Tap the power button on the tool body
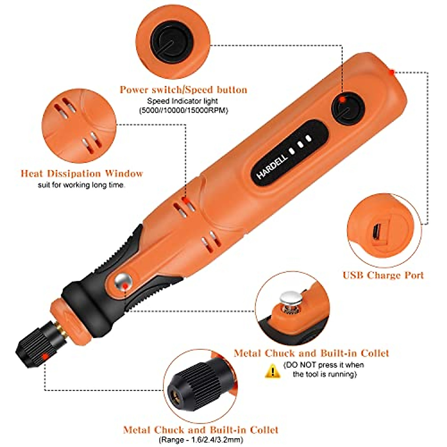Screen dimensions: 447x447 (x=348, y=108)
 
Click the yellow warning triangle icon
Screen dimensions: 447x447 (x=273, y=370)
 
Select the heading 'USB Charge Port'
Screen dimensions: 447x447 (x=383, y=275)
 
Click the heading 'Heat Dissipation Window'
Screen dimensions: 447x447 (x=82, y=174)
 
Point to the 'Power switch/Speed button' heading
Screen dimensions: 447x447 (x=183, y=90)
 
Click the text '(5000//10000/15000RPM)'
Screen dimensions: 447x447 (x=183, y=111)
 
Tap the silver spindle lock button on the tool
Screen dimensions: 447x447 (x=123, y=281)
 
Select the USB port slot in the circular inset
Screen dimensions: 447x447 (x=377, y=233)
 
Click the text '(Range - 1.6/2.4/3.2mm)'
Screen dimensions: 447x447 (x=201, y=440)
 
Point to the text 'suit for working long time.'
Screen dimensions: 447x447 (x=82, y=185)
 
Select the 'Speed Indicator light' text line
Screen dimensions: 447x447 (x=183, y=101)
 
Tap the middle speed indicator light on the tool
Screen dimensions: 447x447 (x=300, y=143)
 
